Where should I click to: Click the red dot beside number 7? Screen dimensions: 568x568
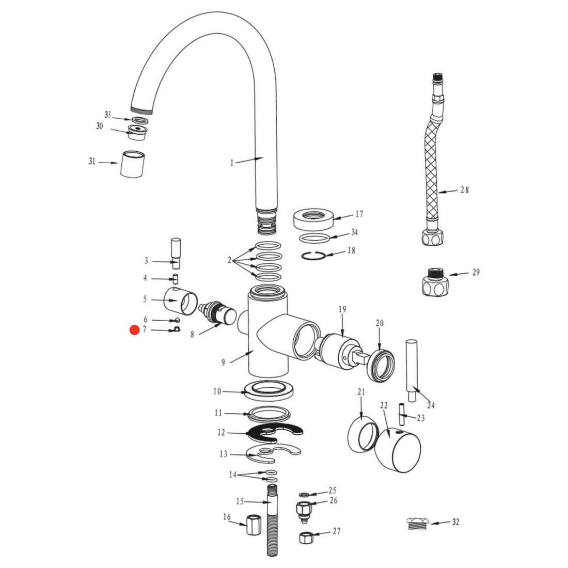click(x=135, y=330)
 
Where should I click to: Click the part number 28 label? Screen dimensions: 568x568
click(x=464, y=190)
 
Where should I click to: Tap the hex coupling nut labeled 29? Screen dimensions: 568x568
click(x=435, y=282)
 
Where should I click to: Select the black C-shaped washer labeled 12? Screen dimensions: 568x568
click(x=275, y=433)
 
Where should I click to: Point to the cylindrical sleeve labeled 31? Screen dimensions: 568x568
click(x=132, y=164)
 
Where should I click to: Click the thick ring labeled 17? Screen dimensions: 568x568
click(x=314, y=218)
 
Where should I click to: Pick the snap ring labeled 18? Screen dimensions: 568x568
click(x=313, y=256)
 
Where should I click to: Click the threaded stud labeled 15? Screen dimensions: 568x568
click(x=273, y=520)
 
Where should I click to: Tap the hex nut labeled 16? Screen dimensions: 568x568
click(x=254, y=525)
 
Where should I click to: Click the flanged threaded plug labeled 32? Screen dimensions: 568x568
click(x=418, y=524)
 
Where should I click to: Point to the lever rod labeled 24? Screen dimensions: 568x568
click(x=412, y=370)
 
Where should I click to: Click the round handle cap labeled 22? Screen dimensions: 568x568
click(x=398, y=450)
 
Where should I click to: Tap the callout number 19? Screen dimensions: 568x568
click(x=342, y=309)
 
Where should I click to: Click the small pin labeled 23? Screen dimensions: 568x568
click(x=402, y=415)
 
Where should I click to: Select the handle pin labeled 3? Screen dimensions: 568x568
click(x=176, y=253)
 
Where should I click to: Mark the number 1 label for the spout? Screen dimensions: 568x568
click(x=232, y=163)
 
